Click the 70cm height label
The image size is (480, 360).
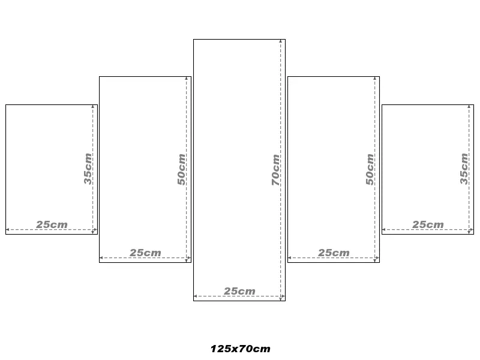[275, 170]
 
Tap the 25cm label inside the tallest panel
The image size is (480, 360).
[239, 291]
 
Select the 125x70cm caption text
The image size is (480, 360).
[241, 349]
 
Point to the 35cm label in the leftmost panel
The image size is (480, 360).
[88, 169]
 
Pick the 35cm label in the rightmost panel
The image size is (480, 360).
[464, 169]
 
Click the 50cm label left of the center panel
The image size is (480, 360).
[181, 169]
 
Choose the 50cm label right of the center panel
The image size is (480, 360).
[370, 169]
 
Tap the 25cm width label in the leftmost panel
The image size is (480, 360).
[52, 224]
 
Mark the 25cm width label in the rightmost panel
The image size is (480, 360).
[428, 224]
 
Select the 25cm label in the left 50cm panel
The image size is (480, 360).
[145, 253]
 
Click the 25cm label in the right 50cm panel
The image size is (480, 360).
[334, 253]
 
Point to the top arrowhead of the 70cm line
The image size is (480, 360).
[280, 41]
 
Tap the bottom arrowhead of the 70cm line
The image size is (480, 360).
[280, 299]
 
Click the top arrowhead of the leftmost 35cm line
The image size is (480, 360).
[93, 107]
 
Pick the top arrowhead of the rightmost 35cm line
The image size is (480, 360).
[469, 107]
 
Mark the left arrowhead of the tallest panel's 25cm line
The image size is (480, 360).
[196, 296]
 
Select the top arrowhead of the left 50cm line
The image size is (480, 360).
[187, 79]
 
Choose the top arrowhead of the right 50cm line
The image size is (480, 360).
[374, 79]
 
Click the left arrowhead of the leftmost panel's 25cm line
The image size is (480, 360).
[8, 229]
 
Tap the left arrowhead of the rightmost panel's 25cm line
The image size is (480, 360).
[384, 229]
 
